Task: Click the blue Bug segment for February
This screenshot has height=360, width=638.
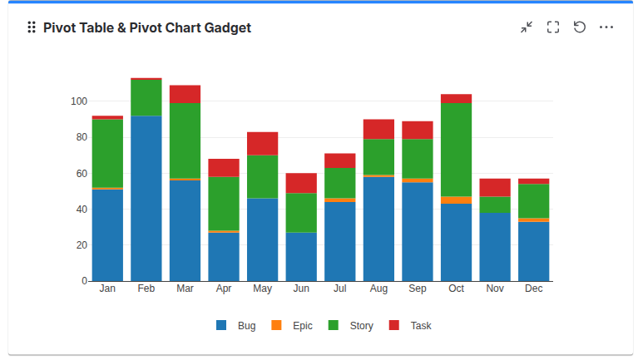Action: [146, 198]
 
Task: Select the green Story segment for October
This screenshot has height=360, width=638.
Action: [456, 150]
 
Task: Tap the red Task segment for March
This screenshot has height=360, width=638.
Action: [185, 94]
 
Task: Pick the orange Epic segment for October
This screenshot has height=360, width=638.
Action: [456, 200]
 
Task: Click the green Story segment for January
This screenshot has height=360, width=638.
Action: [107, 153]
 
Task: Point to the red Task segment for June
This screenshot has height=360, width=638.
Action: [301, 183]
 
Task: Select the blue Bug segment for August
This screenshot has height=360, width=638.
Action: [378, 229]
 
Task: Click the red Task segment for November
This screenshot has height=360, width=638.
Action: [495, 187]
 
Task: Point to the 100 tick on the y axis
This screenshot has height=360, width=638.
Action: [78, 101]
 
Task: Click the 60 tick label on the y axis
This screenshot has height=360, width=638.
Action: [78, 174]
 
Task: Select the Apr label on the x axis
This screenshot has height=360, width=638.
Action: [224, 288]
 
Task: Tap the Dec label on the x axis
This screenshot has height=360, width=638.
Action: [534, 288]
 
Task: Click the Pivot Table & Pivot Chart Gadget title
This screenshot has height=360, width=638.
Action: [147, 27]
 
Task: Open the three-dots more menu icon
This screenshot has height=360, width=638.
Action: [606, 27]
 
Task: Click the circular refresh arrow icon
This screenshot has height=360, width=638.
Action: [580, 27]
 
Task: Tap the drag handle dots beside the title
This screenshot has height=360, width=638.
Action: [32, 27]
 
